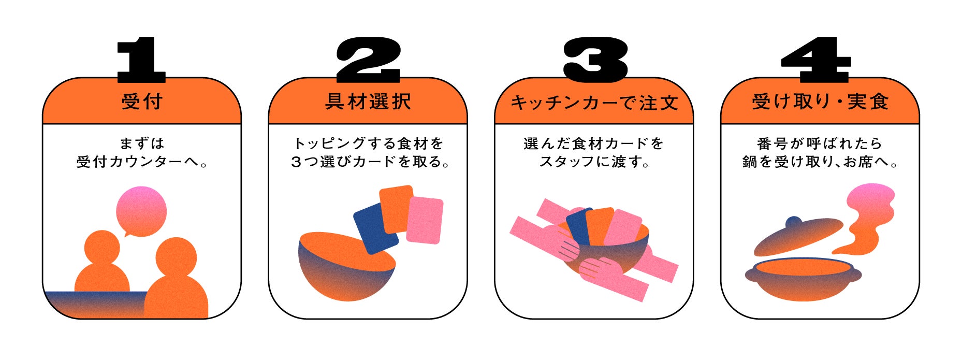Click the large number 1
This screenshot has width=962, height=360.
coord(141,60)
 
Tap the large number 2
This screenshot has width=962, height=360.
coord(368,60)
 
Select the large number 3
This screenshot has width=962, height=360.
coord(595,60)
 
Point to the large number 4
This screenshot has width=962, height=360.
coord(815,60)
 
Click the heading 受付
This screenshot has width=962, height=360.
coord(142,102)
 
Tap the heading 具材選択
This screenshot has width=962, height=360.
coord(368,102)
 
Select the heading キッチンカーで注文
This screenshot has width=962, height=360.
coord(594,103)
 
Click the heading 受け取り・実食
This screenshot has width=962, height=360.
coord(820,102)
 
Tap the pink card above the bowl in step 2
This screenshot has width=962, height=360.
coord(425,220)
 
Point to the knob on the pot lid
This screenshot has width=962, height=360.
coord(794,223)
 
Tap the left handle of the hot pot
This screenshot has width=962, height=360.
coord(749,275)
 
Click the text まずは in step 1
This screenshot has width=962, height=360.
coord(141,143)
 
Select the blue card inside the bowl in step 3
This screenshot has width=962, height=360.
coord(578,225)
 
